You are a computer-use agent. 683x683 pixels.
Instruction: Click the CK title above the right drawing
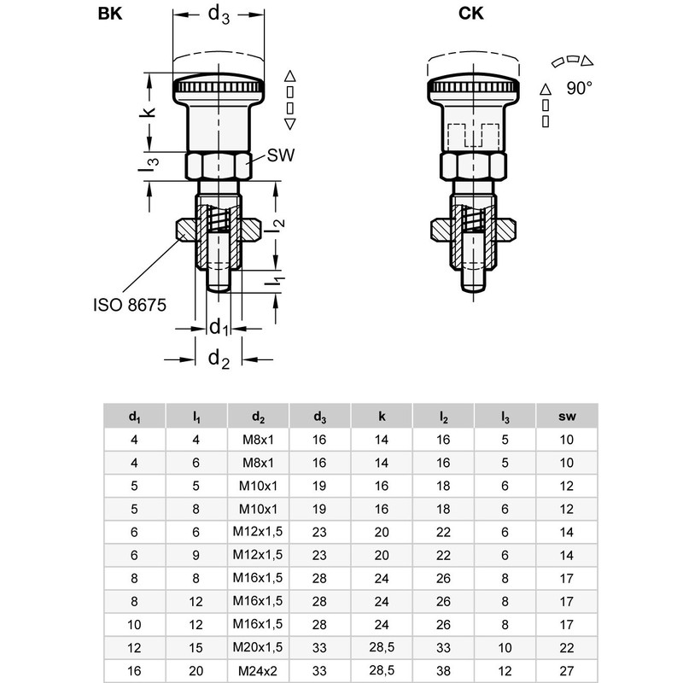coord(473,14)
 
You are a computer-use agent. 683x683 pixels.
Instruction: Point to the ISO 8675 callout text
coord(129,303)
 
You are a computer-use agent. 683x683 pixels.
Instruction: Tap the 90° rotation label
coord(578,87)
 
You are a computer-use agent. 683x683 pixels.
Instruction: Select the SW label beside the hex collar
coord(281,156)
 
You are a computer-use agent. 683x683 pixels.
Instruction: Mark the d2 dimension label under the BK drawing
coord(219,359)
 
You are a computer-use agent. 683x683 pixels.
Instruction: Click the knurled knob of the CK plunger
coord(472,87)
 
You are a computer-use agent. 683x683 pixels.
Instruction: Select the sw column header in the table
coord(567,417)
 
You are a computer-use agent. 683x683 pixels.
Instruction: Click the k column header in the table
coord(382,417)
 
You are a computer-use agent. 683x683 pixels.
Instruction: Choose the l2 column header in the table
coord(444,417)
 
